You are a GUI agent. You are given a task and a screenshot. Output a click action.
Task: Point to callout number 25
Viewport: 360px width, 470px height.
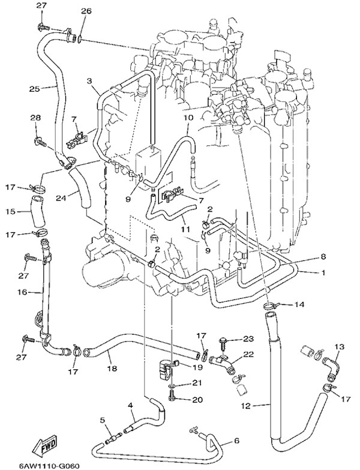pos(34,89)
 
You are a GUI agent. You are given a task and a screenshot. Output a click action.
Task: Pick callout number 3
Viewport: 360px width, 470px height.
pos(89,80)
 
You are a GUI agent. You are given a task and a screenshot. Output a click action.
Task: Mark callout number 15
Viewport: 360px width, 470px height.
pos(11,211)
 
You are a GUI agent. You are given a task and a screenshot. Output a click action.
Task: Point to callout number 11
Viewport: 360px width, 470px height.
pos(186,229)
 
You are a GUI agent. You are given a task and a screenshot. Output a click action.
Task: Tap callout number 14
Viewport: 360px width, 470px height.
pos(299,305)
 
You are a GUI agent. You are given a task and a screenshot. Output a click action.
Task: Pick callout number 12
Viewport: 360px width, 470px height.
pos(244,406)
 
